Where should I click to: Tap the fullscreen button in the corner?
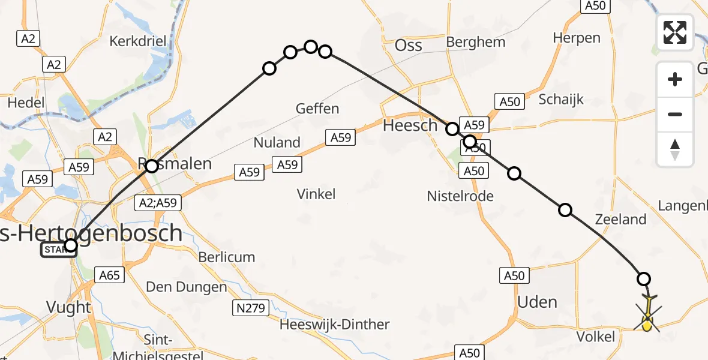(675, 32)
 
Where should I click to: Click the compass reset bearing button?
(675, 149)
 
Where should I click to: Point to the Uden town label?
(537, 302)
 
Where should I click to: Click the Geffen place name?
(317, 109)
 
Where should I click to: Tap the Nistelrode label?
(460, 196)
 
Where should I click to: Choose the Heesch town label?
(410, 125)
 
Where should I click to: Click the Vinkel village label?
(316, 194)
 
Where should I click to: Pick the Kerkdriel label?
(137, 41)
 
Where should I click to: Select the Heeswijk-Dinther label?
(334, 325)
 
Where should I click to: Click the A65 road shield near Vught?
(109, 275)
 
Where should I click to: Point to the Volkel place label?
(596, 337)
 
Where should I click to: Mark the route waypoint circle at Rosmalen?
(152, 166)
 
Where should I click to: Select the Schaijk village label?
(561, 100)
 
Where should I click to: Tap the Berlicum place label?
(227, 257)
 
